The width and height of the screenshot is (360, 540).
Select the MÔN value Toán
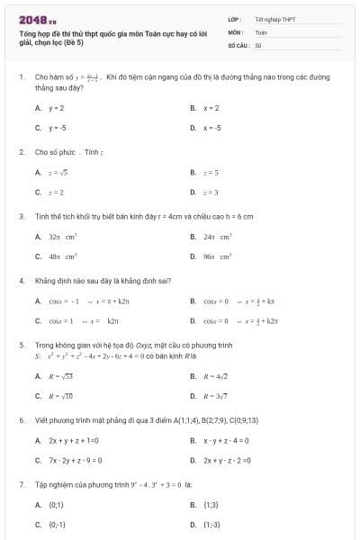point(261,31)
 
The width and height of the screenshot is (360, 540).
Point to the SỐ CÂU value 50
point(258,44)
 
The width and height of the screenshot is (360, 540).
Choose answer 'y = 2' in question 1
point(56,107)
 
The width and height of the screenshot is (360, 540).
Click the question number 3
point(21,216)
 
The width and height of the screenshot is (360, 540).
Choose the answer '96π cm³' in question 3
point(218,256)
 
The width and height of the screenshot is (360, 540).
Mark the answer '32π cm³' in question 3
point(62,237)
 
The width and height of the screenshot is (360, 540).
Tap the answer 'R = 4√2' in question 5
point(216,376)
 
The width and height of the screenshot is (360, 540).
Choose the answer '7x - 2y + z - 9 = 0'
point(75,460)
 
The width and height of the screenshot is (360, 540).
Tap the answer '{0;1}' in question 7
point(55,504)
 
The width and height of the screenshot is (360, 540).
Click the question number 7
point(21,484)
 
